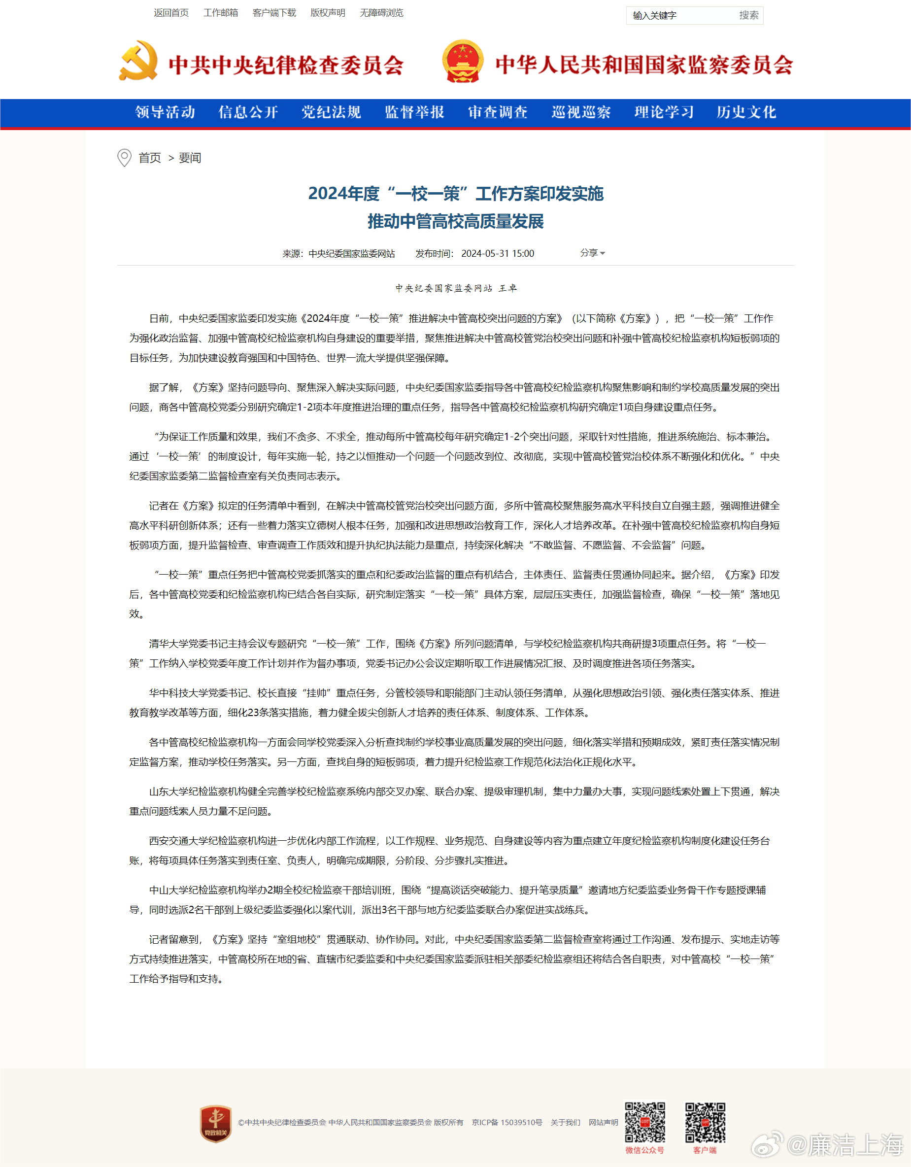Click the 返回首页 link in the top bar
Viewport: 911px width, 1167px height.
[x=171, y=13]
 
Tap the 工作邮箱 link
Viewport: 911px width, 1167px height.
[x=221, y=13]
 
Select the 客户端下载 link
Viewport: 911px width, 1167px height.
[x=274, y=13]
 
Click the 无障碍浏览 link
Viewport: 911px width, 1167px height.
[x=381, y=13]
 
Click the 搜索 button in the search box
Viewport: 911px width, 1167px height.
[x=748, y=15]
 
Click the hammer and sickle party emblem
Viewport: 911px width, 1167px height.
[x=138, y=61]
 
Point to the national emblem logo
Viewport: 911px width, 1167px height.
[x=463, y=61]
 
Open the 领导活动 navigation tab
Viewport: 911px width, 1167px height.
[x=165, y=112]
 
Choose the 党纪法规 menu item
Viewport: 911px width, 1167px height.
[x=331, y=112]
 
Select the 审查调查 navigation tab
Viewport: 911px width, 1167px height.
[x=498, y=112]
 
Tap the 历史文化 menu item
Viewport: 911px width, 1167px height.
[x=746, y=112]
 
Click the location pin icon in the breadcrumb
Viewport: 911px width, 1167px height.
[x=124, y=158]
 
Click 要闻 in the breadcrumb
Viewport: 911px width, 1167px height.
[x=190, y=158]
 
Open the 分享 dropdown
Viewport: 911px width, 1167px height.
[x=592, y=253]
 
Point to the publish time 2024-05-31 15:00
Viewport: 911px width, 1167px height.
[x=498, y=254]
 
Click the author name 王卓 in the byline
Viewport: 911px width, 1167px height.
[x=507, y=288]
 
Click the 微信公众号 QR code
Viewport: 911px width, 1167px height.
[x=645, y=1122]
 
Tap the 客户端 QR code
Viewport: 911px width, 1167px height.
[x=705, y=1122]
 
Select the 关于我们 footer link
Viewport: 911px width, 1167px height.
[x=565, y=1122]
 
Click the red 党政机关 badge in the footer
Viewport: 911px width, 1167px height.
[x=215, y=1124]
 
